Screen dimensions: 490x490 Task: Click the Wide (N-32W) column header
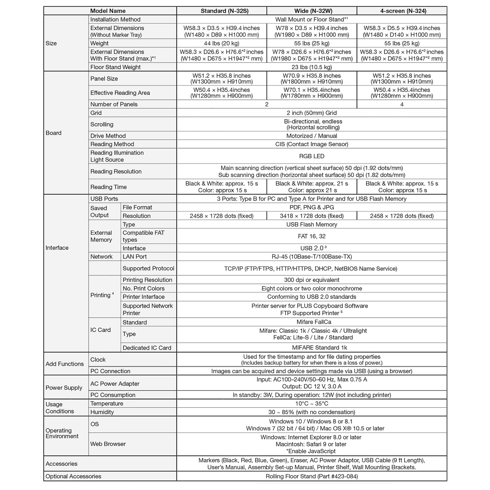tap(311, 11)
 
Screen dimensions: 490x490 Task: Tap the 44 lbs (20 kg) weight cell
tap(221, 43)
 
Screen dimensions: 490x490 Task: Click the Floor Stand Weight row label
tap(115, 67)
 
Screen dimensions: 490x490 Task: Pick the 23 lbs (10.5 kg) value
tap(311, 67)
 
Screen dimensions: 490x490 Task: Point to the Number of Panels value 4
tap(402, 104)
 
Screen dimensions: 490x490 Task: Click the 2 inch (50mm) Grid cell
tap(311, 113)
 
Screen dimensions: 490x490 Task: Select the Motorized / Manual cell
tap(311, 136)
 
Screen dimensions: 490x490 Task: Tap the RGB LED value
tap(311, 156)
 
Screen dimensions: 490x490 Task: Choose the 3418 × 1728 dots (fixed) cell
tap(311, 216)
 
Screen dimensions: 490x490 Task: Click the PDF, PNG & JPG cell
tap(311, 207)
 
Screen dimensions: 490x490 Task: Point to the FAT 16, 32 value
tap(311, 236)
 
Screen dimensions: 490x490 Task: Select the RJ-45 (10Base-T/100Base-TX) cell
tap(311, 257)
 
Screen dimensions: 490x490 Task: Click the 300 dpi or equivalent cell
tap(311, 280)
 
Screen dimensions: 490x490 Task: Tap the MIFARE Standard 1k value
tap(311, 348)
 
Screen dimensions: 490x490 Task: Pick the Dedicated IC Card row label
tap(147, 348)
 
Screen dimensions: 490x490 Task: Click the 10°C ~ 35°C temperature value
tap(311, 404)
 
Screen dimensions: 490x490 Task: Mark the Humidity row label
tap(102, 412)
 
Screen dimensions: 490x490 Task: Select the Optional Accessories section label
tap(73, 476)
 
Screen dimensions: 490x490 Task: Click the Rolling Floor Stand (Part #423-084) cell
tap(311, 476)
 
